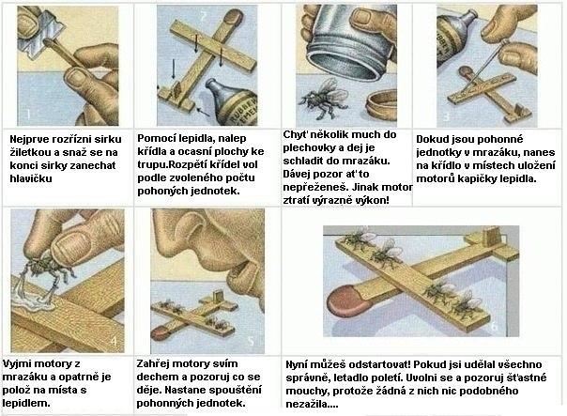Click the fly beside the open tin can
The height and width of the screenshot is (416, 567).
pyautogui.click(x=324, y=99)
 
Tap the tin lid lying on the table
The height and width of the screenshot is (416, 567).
pyautogui.click(x=380, y=104)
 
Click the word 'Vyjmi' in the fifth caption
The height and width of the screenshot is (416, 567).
pyautogui.click(x=16, y=364)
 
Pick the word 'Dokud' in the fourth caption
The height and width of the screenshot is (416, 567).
pyautogui.click(x=430, y=139)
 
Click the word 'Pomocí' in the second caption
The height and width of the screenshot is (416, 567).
pyautogui.click(x=153, y=139)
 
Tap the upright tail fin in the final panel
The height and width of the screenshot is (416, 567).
pyautogui.click(x=490, y=236)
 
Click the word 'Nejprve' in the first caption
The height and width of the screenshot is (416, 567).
pyautogui.click(x=27, y=139)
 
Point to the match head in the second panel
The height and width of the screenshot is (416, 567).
pyautogui.click(x=231, y=16)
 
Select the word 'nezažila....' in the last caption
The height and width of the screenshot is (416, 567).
pyautogui.click(x=312, y=404)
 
